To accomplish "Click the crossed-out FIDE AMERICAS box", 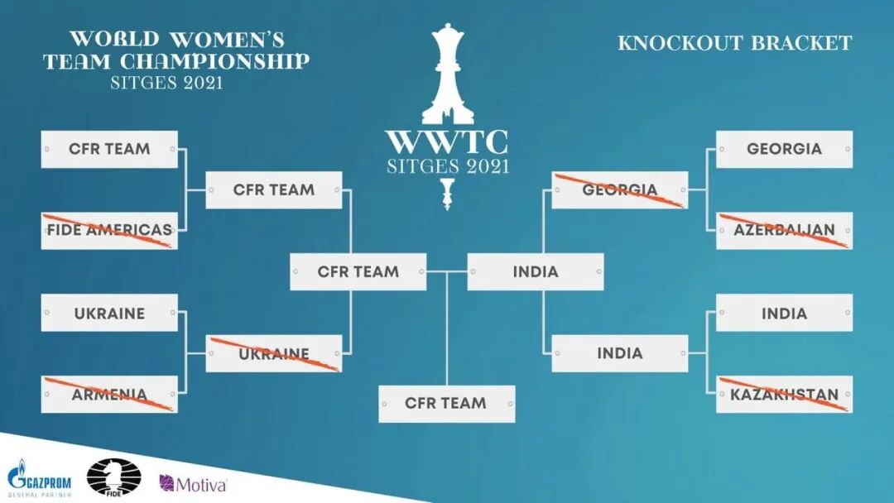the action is [x=109, y=230].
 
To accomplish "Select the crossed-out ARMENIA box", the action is [x=109, y=394].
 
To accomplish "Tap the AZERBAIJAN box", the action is [x=784, y=230].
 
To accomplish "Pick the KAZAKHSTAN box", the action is [x=784, y=394].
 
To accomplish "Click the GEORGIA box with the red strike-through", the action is [x=619, y=189].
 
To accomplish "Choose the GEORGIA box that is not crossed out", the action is [x=784, y=149].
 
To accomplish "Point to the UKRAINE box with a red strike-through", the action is [x=273, y=353].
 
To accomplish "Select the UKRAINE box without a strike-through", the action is [x=109, y=313].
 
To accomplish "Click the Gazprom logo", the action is [x=38, y=477].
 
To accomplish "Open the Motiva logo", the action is [x=193, y=483].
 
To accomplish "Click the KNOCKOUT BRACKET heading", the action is [x=734, y=43].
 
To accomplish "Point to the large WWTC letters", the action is [x=447, y=141].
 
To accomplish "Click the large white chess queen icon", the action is [x=447, y=74].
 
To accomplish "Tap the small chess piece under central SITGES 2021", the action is [x=448, y=193].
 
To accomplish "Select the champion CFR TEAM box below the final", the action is [x=446, y=404].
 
